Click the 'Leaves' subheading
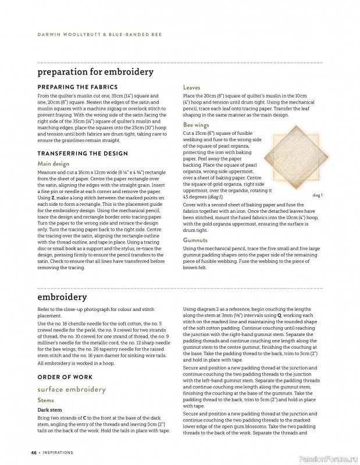coord(192,87)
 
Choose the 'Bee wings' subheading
coord(197,125)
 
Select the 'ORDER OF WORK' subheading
coord(63,375)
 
